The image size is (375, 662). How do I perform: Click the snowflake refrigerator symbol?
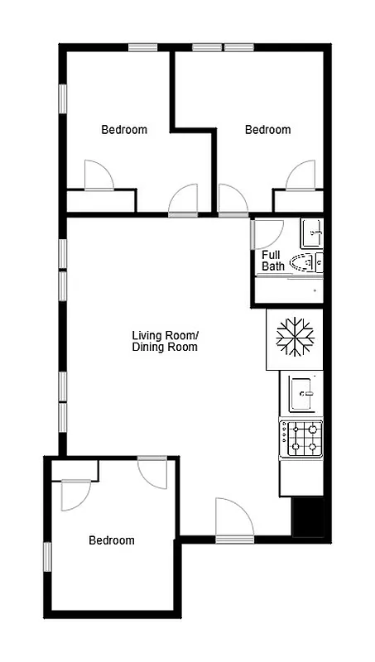pos(294,338)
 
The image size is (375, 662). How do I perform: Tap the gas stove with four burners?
pos(300,439)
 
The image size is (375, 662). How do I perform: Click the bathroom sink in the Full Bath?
pos(311,233)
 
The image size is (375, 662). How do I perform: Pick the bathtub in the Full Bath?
pos(288,290)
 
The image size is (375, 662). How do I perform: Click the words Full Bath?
pos(273,261)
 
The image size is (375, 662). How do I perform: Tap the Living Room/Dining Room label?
pos(165,341)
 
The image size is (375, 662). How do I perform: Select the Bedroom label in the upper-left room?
pos(124,129)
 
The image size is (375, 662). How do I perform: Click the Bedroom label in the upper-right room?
pos(267,129)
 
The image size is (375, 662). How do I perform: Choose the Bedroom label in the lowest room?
pos(112,540)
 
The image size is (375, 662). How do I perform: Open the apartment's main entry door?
pos(233,520)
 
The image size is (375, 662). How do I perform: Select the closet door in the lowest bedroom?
pos(75,494)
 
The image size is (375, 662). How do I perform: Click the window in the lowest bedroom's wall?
pos(47,555)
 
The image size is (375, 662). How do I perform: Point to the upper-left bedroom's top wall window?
pos(143,47)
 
